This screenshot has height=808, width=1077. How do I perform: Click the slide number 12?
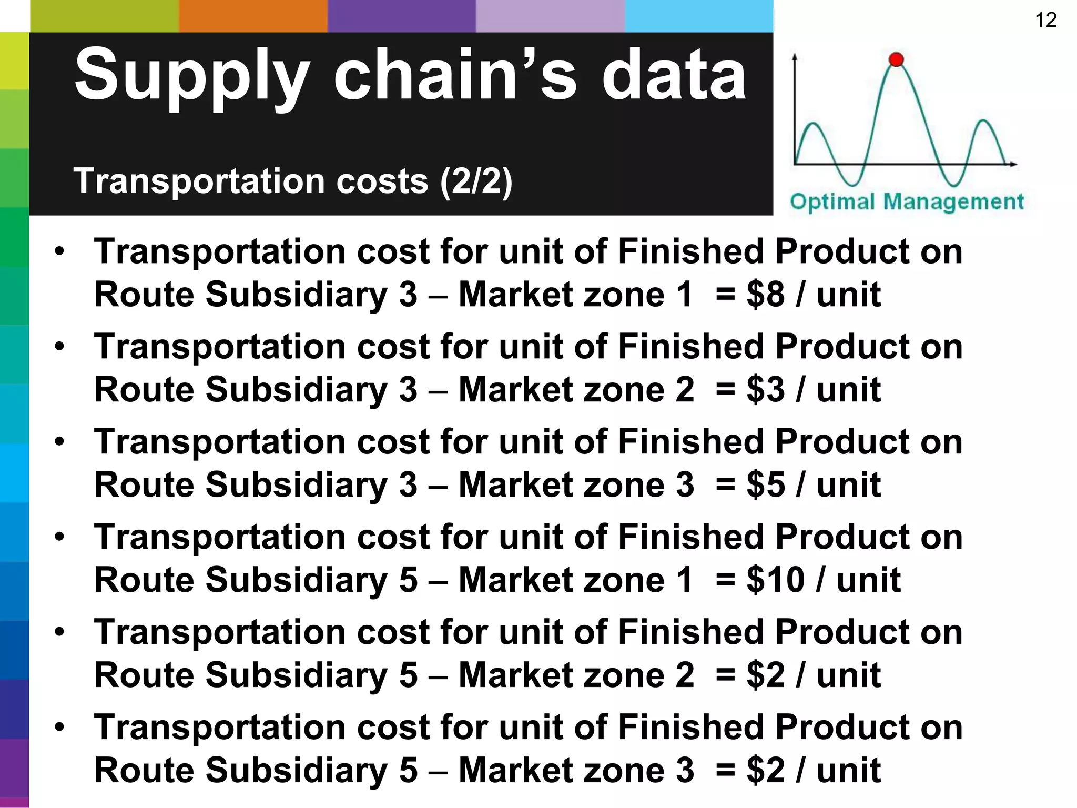tap(1045, 20)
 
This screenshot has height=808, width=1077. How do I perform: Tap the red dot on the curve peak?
tap(896, 59)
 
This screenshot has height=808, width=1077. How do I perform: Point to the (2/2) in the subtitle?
tap(476, 181)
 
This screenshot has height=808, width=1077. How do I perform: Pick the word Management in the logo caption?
tap(953, 201)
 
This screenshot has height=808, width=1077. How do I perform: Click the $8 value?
tap(765, 294)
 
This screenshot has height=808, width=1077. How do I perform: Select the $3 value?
tap(765, 390)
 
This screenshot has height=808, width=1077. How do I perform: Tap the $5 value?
tap(765, 484)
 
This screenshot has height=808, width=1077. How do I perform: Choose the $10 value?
tap(775, 580)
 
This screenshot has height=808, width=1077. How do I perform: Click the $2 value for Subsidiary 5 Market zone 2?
tap(765, 675)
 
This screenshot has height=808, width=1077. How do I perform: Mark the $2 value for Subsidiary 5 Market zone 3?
tap(765, 770)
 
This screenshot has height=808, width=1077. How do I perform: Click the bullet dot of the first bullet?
tap(59, 251)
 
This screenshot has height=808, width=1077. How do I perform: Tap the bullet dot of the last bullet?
tap(59, 728)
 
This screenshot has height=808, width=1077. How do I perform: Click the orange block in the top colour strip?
tap(253, 16)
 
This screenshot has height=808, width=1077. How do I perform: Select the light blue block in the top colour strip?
tap(699, 16)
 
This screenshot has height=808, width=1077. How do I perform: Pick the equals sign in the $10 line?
tap(725, 580)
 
